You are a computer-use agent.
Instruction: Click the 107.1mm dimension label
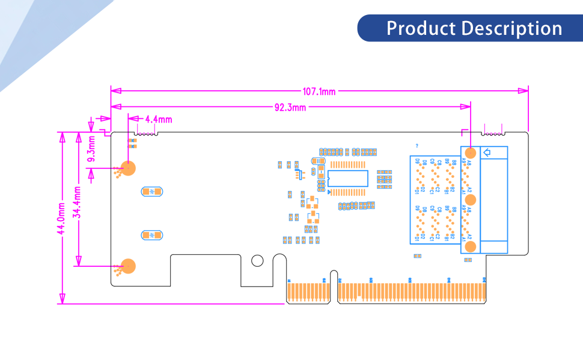point(319,91)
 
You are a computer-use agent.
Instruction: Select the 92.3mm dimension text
point(290,108)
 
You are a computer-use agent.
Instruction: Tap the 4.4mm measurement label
point(159,119)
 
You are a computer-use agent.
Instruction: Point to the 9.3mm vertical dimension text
point(92,149)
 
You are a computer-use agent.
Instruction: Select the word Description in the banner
point(511,28)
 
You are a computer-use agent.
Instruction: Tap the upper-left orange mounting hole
point(128,168)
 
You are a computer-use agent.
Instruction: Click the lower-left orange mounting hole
point(128,266)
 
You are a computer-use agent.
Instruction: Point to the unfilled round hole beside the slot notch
point(257,260)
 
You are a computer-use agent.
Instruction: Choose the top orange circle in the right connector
point(471,153)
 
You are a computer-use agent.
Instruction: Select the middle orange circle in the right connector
point(471,200)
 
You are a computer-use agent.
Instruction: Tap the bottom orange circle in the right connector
point(471,246)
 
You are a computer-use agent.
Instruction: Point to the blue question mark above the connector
point(417,145)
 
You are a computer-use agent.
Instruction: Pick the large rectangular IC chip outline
point(349,178)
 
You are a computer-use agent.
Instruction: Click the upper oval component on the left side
point(152,192)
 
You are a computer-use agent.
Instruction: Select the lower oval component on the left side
point(152,235)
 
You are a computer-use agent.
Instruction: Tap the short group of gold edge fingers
point(308,292)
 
